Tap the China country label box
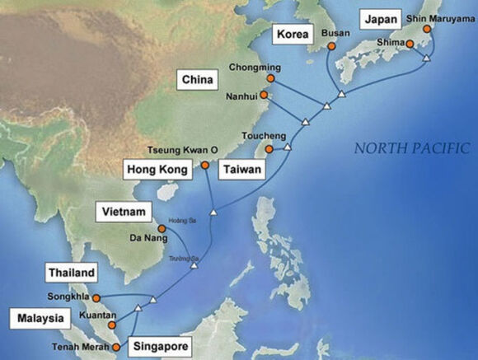click(x=199, y=80)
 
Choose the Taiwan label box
click(x=241, y=171)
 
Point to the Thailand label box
click(x=72, y=273)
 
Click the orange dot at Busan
click(x=331, y=48)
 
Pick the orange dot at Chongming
click(x=269, y=78)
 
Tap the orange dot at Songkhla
click(x=96, y=297)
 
